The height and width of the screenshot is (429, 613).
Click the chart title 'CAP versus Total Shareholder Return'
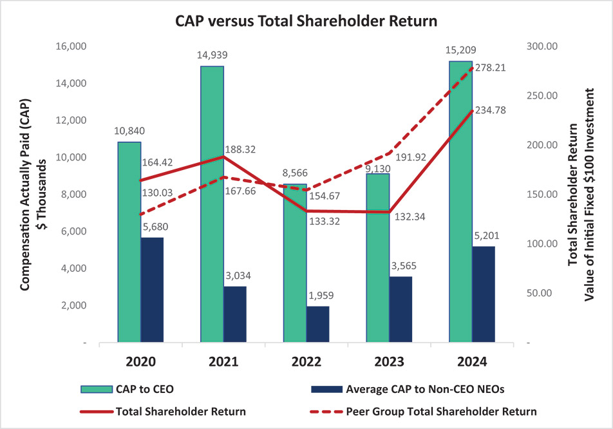point(306,21)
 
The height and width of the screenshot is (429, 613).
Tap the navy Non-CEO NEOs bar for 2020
point(152,290)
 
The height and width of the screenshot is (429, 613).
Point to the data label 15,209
point(461,50)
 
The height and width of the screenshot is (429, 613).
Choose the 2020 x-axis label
point(141,361)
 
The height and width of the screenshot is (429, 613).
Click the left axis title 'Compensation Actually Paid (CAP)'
point(26,193)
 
